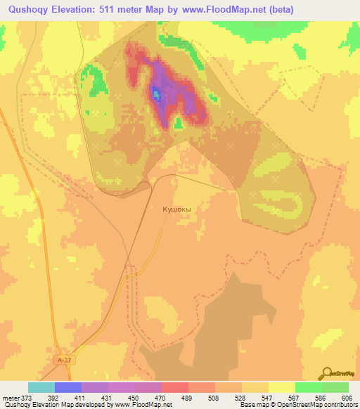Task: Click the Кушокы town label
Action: coord(176,209)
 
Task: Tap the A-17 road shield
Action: coord(65,360)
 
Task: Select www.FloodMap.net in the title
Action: coord(217,9)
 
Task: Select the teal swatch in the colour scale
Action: coord(41,387)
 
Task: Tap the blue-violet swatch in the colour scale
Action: coord(68,387)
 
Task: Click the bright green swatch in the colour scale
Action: coord(308,387)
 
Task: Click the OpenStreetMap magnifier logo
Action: coord(327,372)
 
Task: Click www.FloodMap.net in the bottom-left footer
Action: coord(144,404)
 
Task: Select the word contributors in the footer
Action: coord(341,404)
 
